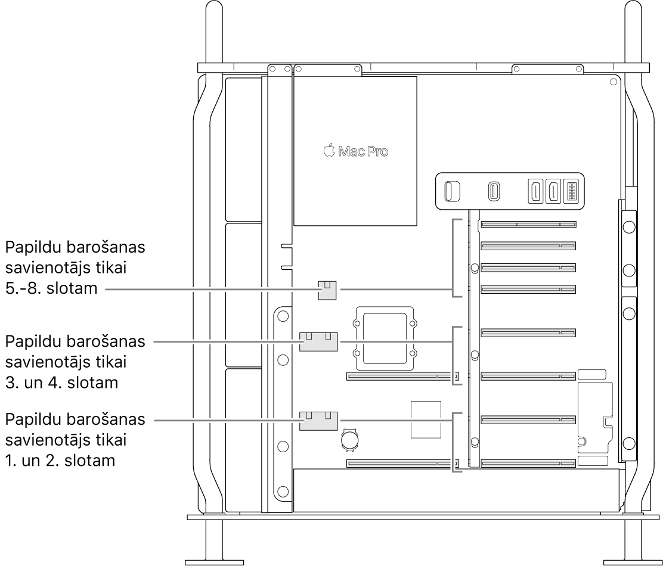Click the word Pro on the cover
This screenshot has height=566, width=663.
[x=376, y=152]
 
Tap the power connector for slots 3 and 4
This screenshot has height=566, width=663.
[x=318, y=342]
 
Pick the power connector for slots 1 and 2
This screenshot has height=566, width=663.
[x=318, y=420]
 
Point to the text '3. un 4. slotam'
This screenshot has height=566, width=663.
[x=61, y=382]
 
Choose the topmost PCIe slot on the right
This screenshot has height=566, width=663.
[x=528, y=225]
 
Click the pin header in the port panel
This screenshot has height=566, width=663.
[x=571, y=192]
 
